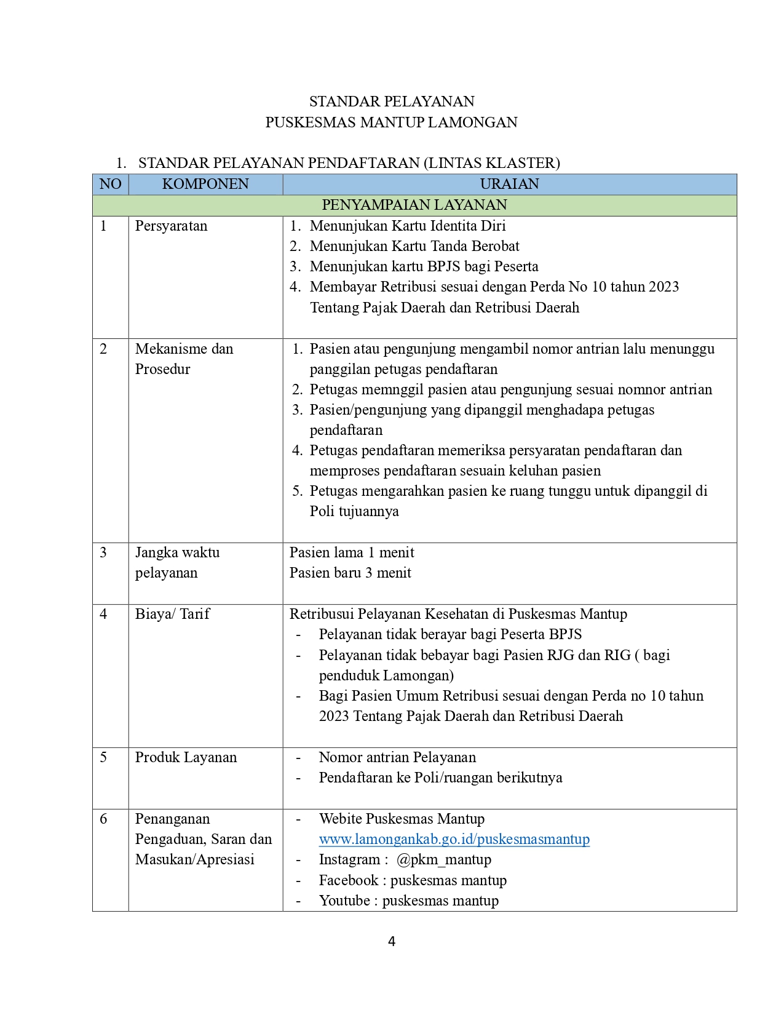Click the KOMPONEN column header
(x=205, y=184)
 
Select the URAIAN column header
(x=509, y=184)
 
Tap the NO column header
(x=110, y=184)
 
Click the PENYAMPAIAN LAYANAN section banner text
(x=414, y=205)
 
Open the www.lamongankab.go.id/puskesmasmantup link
(x=454, y=839)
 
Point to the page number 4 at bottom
(x=392, y=941)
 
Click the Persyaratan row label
(x=171, y=226)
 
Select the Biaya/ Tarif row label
(x=172, y=614)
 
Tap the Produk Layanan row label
(x=186, y=757)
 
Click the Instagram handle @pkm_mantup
(x=443, y=859)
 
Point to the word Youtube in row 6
(x=344, y=901)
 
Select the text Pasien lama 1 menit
(x=352, y=552)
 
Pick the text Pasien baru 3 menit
(x=350, y=573)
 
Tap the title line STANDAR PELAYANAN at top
(x=392, y=101)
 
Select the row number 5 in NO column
(x=103, y=757)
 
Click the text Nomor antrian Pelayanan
(x=397, y=757)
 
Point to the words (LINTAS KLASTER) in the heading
(x=491, y=163)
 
